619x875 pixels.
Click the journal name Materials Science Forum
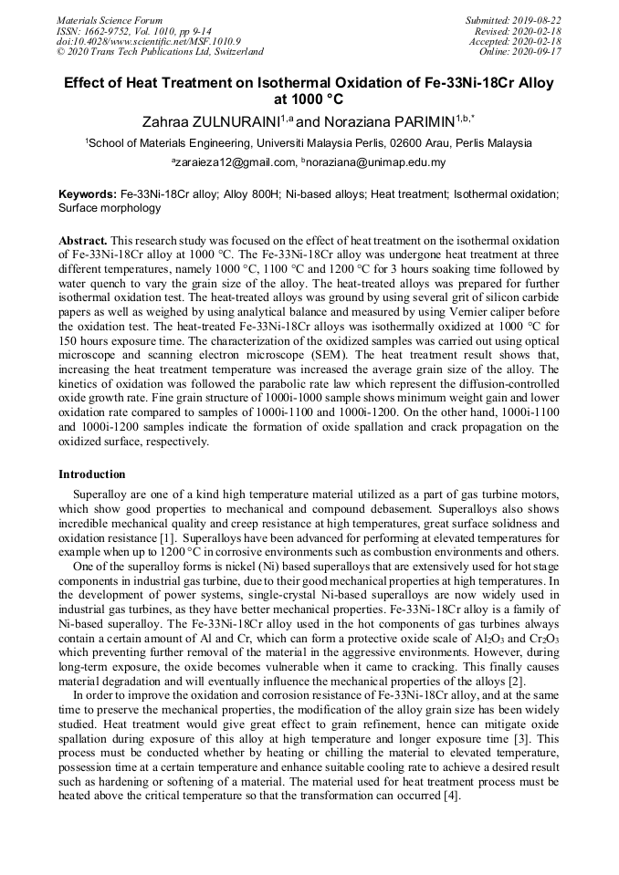click(110, 20)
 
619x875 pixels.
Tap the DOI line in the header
click(148, 41)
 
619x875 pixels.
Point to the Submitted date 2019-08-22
click(539, 20)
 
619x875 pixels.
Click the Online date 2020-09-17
click(539, 52)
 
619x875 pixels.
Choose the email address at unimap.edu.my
click(376, 162)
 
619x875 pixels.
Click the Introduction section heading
click(92, 474)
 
